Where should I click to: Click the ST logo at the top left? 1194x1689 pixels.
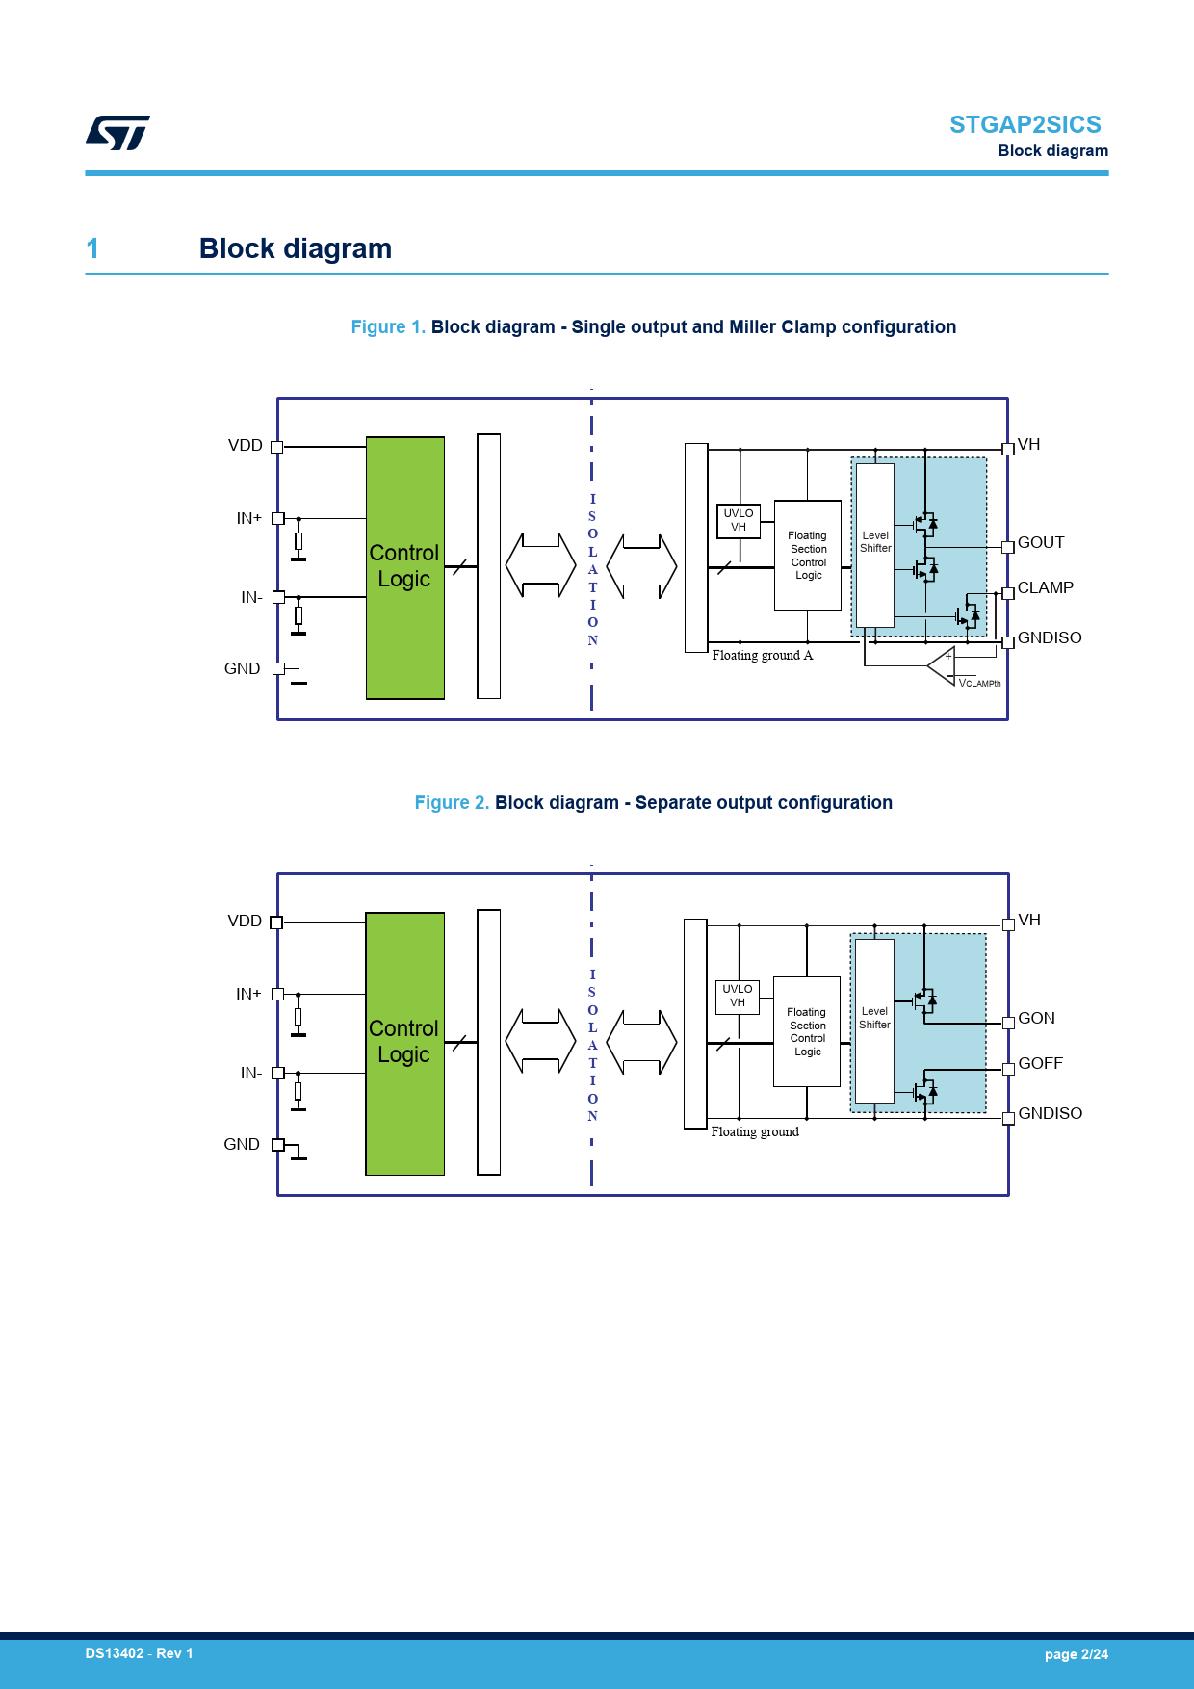(117, 133)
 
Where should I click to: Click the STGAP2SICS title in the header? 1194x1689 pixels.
(1025, 125)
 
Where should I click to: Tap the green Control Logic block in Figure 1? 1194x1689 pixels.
(405, 567)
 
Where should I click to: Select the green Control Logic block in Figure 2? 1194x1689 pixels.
(404, 1043)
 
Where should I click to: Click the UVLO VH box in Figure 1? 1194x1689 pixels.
(739, 520)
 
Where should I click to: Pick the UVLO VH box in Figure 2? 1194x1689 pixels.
(738, 997)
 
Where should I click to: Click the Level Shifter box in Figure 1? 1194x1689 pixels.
(875, 544)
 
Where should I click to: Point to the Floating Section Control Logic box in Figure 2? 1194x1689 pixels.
(807, 1031)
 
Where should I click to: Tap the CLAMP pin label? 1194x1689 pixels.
(1045, 587)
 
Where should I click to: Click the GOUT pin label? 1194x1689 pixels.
(1041, 542)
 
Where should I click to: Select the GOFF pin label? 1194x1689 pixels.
(1040, 1063)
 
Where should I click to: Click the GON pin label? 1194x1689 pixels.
(1036, 1018)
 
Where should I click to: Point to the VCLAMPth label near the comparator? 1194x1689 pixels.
(979, 683)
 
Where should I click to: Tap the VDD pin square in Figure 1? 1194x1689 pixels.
(277, 447)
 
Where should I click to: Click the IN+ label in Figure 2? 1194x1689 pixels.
(248, 994)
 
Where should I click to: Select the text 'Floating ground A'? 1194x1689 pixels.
(763, 655)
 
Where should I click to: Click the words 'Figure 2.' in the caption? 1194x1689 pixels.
(452, 803)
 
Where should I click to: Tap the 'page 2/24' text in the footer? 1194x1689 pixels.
(1076, 1654)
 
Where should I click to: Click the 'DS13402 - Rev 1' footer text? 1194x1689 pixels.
(139, 1653)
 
